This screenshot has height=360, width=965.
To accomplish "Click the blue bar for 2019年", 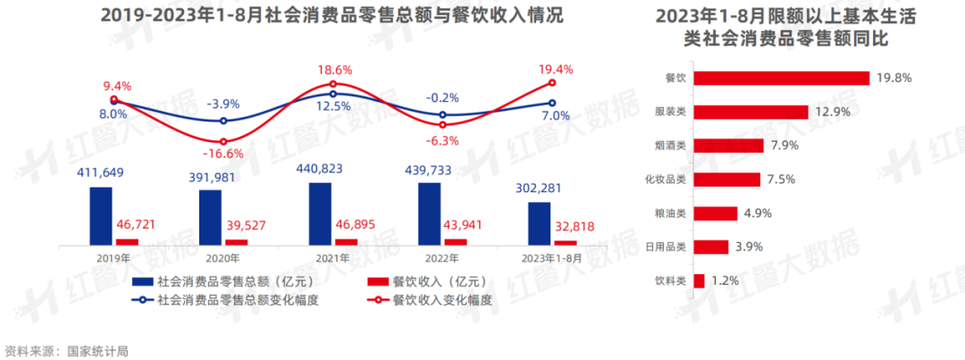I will pos(101,215).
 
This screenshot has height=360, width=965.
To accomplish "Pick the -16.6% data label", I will pos(224,154).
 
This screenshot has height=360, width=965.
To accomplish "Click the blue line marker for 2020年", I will pos(223,121).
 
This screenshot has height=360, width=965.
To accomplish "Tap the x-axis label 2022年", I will pos(441,258).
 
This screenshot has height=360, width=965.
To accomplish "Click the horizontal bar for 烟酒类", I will pos(728,146).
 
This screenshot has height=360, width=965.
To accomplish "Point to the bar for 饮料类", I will pos(700,280).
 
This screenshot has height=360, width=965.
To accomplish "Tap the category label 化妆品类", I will pos(665,180).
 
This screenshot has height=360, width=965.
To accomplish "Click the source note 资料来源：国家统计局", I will pos(66,350).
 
